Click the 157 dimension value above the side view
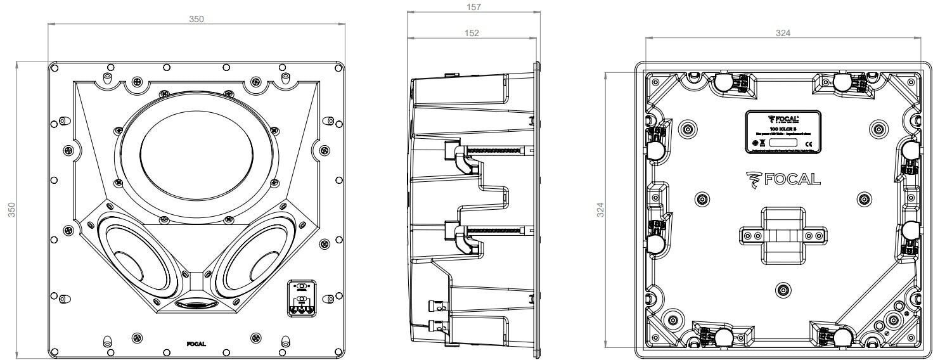pos(473,7)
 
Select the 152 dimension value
pos(472,33)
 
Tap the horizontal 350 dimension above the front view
pos(196,19)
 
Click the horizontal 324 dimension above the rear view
pos(783,33)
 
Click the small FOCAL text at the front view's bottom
pos(196,344)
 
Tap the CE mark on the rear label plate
pos(809,144)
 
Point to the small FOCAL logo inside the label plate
pos(783,119)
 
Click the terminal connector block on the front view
pos(301,297)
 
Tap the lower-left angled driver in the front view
pos(134,259)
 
